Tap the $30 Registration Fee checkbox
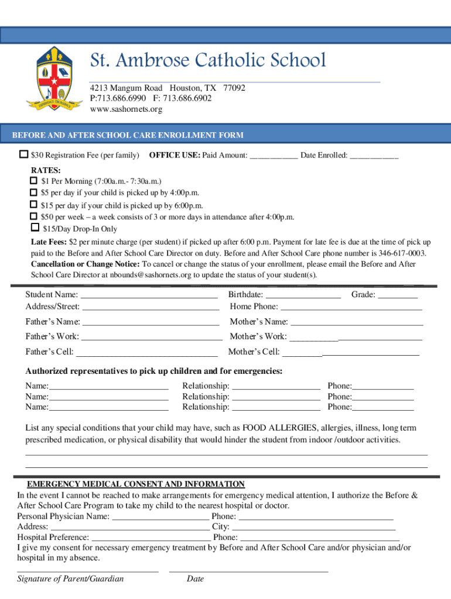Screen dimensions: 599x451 (23, 155)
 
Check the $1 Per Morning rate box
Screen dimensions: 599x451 (34, 181)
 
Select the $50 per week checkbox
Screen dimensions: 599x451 (34, 216)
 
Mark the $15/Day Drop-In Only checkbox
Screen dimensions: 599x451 (35, 229)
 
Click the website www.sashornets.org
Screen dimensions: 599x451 (126, 109)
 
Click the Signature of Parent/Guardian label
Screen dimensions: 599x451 (70, 579)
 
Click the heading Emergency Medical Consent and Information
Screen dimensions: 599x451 (136, 484)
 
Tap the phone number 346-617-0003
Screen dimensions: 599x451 (401, 253)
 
